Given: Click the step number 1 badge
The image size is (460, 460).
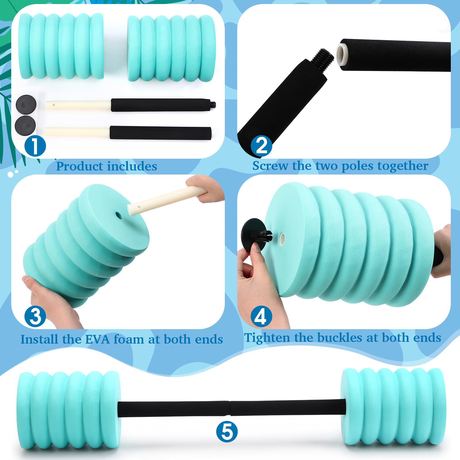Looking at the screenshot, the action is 35,146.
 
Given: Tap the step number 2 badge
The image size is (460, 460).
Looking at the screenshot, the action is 261,146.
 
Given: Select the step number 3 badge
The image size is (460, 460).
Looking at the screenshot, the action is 35,316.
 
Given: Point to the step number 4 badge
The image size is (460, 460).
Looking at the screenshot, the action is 261,316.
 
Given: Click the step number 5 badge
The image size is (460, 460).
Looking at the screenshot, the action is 227,432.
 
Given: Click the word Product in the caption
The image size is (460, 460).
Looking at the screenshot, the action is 79,166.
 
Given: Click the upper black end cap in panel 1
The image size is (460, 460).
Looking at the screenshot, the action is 26,105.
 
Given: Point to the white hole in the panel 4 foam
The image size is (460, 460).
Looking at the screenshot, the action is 282,238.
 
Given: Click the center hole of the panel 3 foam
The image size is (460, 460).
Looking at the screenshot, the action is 119,215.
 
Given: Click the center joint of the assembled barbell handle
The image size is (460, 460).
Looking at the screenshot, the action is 230,408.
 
